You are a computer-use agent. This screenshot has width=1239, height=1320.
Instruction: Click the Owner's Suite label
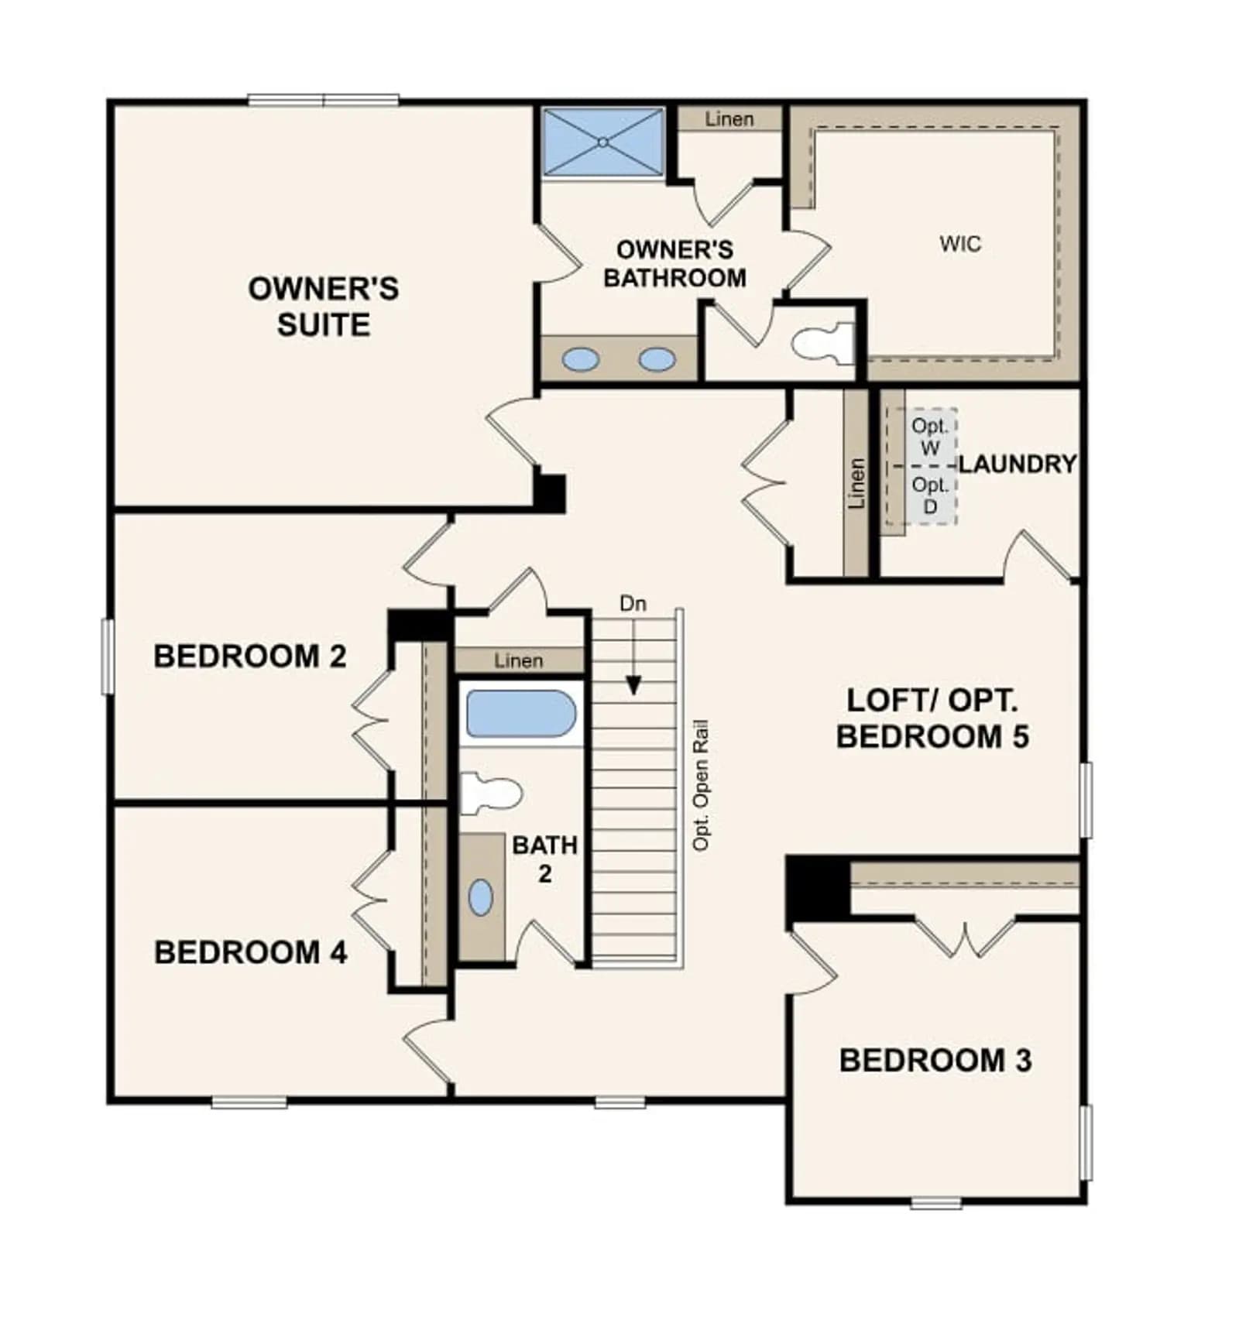coord(323,306)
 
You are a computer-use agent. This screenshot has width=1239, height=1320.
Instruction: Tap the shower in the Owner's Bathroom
coord(602,142)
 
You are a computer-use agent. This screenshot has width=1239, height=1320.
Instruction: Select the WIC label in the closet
coord(960,244)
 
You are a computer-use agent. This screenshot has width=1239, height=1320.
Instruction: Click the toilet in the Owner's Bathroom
coord(822,342)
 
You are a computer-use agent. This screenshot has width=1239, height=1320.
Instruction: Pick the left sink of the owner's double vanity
coord(580,359)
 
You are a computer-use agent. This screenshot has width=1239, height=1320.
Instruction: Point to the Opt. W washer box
coord(931,437)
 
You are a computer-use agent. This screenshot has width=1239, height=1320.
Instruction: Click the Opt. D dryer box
coord(931,495)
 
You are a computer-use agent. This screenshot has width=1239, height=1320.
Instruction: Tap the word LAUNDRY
coord(1018,464)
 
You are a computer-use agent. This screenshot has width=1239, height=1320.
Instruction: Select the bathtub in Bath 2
coord(520,713)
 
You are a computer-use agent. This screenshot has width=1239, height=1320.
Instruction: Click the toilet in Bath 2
coord(490,793)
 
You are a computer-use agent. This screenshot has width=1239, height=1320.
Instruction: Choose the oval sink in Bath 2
coord(481,897)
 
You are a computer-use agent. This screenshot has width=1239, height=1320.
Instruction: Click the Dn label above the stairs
coord(633,603)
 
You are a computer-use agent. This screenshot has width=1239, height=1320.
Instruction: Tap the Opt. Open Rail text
coord(700,786)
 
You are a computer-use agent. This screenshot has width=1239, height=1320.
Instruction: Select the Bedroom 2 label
coord(249,657)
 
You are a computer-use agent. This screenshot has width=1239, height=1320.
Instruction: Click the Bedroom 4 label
coord(251,952)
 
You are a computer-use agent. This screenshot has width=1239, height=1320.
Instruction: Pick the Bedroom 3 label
coord(935,1061)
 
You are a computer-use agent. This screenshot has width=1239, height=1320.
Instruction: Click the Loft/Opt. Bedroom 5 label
coord(932,718)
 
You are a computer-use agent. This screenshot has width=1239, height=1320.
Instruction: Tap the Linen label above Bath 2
coord(518,660)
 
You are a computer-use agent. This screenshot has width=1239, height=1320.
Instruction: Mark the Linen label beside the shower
coord(729,119)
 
